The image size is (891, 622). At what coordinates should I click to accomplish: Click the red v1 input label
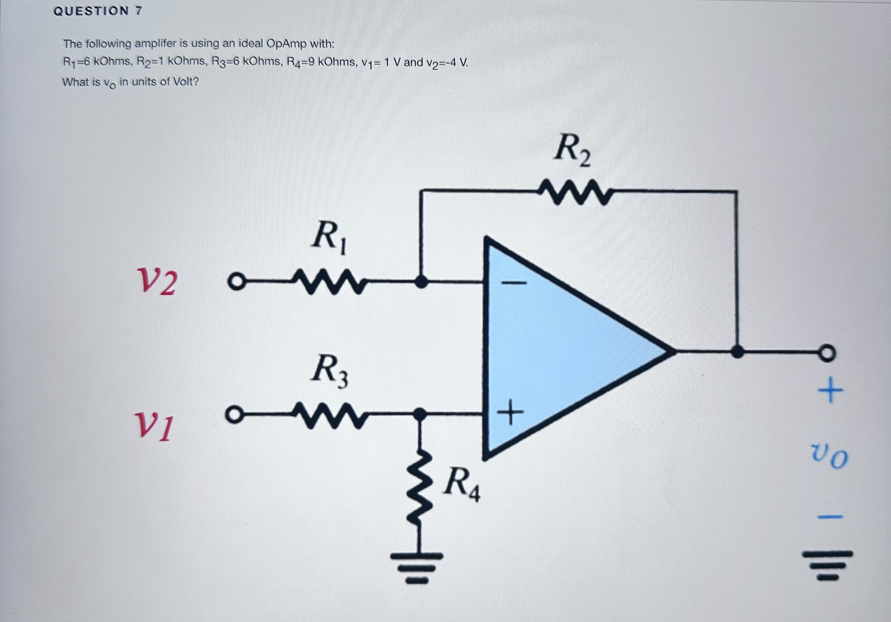click(x=154, y=426)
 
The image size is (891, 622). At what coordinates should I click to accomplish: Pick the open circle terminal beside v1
click(x=234, y=415)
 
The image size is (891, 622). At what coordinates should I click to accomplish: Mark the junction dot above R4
click(x=419, y=414)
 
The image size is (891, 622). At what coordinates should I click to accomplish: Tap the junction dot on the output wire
click(x=737, y=352)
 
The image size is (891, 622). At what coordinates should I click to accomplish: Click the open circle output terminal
click(x=827, y=353)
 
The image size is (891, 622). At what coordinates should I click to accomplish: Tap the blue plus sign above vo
click(x=830, y=390)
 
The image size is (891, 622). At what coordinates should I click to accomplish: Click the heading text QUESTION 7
click(x=98, y=11)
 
